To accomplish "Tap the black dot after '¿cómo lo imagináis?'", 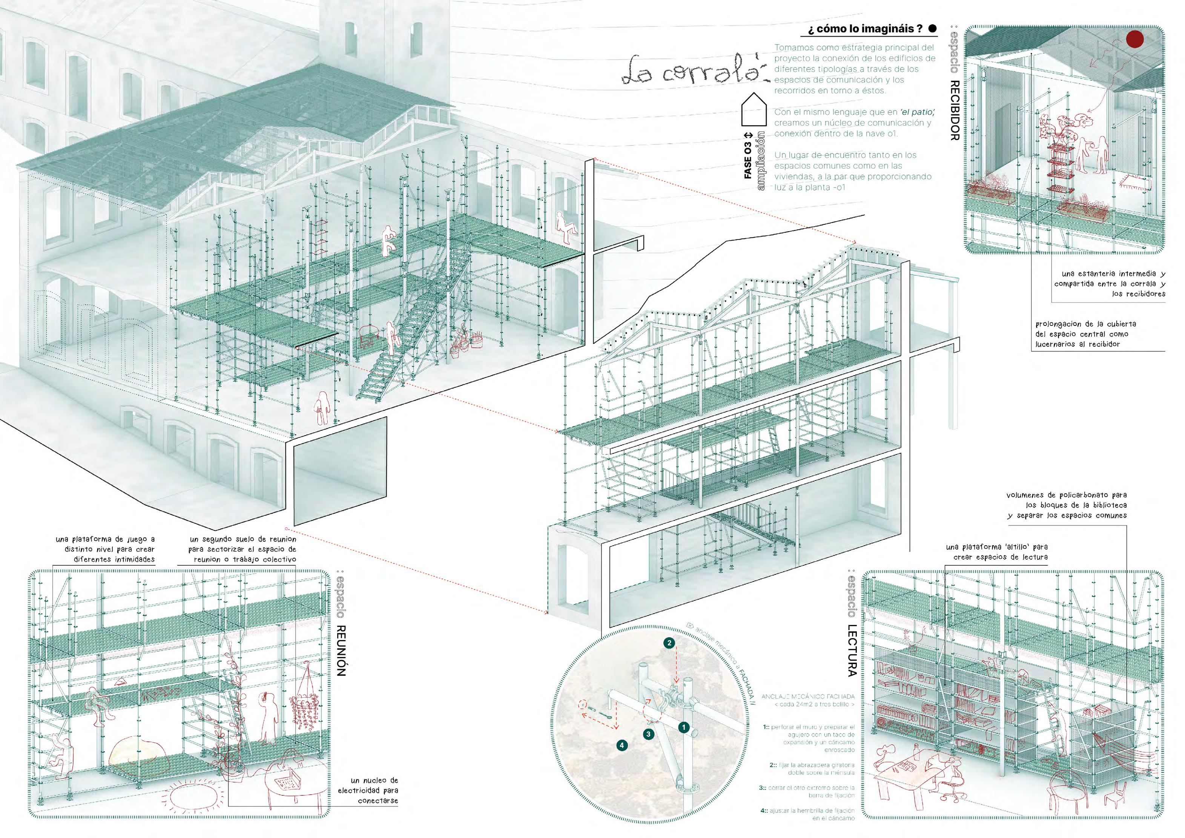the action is tap(932, 29).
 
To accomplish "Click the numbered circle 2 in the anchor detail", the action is tap(669, 643).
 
